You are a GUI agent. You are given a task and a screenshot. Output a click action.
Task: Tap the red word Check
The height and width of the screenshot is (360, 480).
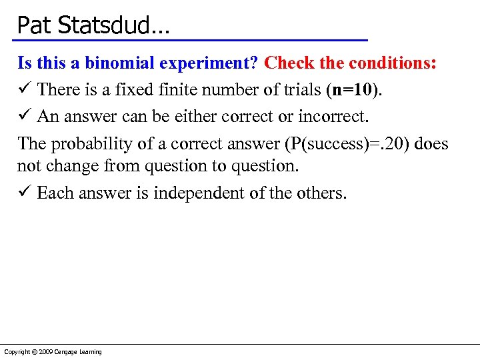[x=291, y=63]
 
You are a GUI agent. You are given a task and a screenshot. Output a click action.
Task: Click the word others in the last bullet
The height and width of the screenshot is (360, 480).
[x=325, y=193]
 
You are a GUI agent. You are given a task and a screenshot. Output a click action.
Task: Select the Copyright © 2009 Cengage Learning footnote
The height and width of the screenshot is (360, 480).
[x=53, y=351]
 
